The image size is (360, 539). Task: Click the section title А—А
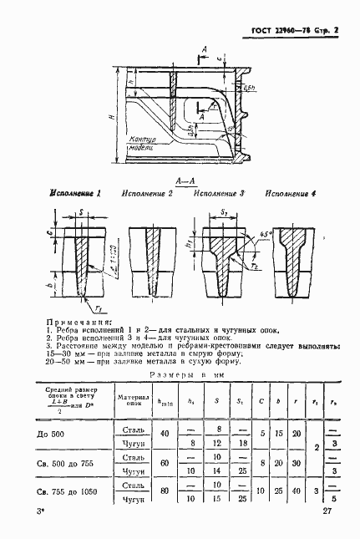pyautogui.click(x=185, y=180)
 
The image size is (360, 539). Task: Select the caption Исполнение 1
pyautogui.click(x=76, y=193)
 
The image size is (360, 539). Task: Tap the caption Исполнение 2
pyautogui.click(x=148, y=193)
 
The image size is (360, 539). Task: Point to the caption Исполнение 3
pyautogui.click(x=219, y=193)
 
